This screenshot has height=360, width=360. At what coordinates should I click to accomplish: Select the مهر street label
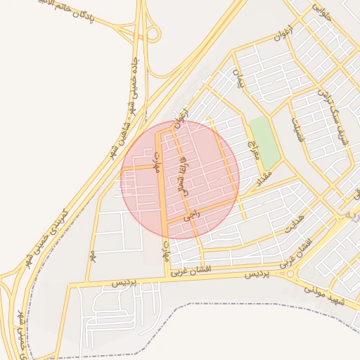(x=92, y=255)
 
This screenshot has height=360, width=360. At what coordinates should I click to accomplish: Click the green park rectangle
(x=263, y=137)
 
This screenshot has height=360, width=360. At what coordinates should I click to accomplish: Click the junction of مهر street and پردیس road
(x=70, y=285)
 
